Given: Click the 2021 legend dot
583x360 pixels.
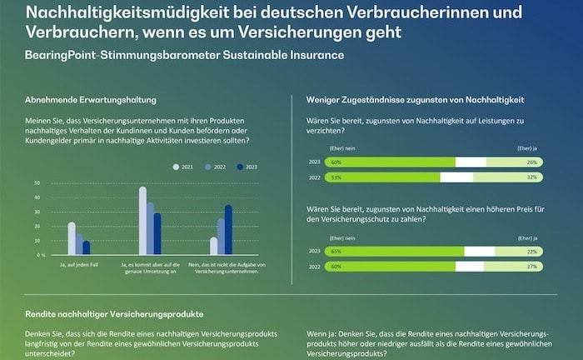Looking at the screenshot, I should [176, 167].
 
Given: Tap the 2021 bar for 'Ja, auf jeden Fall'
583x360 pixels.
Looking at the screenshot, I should [72, 238].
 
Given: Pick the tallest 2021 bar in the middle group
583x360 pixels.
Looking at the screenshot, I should [142, 220].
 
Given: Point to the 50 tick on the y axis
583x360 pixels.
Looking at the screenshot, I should [37, 182].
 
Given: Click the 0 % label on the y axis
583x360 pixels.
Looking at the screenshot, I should [40, 254].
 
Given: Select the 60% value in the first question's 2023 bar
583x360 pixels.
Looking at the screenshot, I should [336, 162].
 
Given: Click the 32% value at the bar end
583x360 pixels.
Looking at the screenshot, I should [531, 177].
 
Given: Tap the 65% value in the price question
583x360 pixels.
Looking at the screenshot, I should [336, 251].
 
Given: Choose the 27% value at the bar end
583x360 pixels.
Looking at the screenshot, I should [531, 266].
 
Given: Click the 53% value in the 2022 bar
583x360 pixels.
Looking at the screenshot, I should [336, 177].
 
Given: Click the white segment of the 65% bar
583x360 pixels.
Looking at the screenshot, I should [479, 251].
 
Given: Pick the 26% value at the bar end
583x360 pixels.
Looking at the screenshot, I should [531, 162].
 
